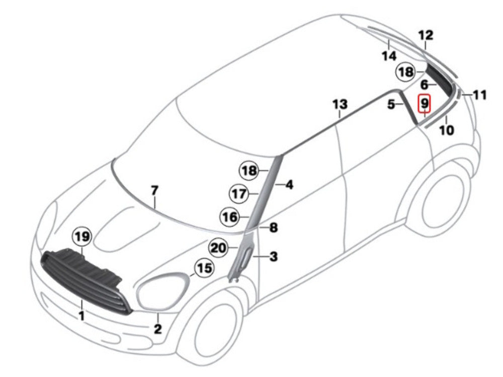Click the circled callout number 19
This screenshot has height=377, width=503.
point(83,236)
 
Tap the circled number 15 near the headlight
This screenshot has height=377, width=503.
point(204,268)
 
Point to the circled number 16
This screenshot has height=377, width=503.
point(229,217)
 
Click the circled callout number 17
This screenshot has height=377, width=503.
point(239,193)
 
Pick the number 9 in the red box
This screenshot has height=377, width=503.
point(425,104)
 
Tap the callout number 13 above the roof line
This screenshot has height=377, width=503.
point(340,105)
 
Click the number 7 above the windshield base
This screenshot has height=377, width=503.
point(154,191)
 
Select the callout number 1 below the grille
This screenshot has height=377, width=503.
point(81,316)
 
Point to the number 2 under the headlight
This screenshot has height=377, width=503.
point(157,330)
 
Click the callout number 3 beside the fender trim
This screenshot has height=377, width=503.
point(273,257)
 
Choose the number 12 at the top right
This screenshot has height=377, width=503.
point(426,35)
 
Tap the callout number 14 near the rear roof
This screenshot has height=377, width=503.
point(389,56)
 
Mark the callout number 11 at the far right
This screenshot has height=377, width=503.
point(480,95)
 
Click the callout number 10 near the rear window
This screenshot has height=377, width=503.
point(446,130)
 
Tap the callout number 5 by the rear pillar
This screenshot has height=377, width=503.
point(391,105)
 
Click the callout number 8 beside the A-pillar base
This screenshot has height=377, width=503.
point(273,228)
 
